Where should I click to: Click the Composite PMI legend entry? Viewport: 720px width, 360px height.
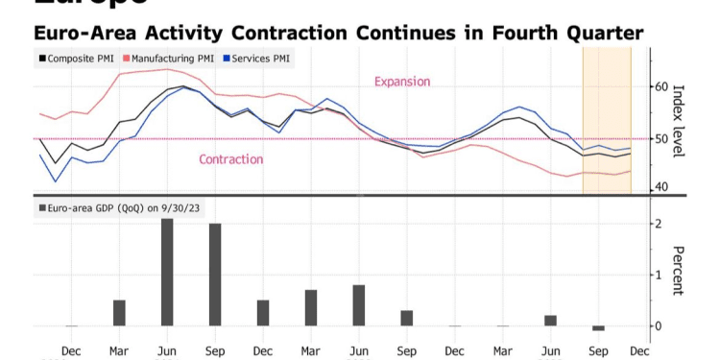coord(76,58)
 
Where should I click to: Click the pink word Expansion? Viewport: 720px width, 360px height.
coord(402,82)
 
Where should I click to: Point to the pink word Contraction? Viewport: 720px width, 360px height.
coord(230,159)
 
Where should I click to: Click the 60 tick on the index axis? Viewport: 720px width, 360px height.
coord(660,87)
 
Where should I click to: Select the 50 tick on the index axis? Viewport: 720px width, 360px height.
coord(660,139)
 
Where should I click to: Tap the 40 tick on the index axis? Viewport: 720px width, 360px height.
coord(660,186)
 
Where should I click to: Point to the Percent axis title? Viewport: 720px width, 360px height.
coord(679,275)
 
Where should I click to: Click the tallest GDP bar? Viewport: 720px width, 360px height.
coord(167,273)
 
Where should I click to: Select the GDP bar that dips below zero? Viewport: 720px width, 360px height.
coord(598,328)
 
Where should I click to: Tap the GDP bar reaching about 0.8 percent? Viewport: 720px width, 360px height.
coord(359,305)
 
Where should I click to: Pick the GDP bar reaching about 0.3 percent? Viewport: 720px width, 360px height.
coord(407,318)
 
